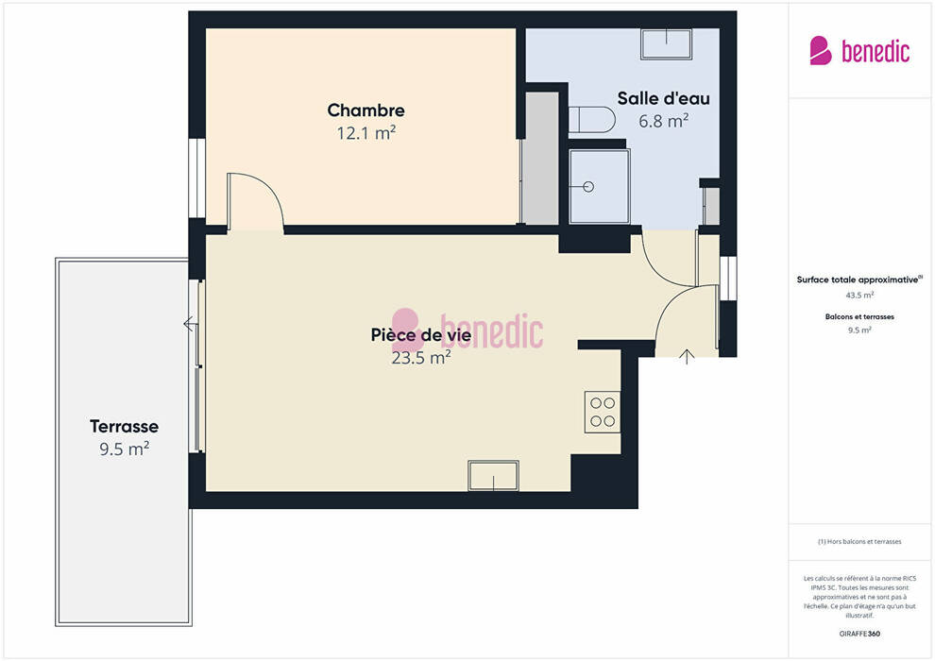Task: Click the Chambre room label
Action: (x=365, y=110)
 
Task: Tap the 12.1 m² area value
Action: (x=366, y=133)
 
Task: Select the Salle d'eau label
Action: (x=663, y=98)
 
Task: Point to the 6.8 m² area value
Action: (x=664, y=121)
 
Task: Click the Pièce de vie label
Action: (x=421, y=335)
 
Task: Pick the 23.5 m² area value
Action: (x=421, y=358)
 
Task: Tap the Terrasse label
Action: (x=124, y=426)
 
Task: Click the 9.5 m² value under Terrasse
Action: (x=124, y=449)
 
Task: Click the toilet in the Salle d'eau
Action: (x=591, y=120)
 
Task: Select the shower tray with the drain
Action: (x=600, y=187)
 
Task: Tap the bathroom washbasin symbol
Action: (x=666, y=43)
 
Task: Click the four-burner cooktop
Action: (x=603, y=412)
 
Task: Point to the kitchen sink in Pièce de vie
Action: (x=493, y=476)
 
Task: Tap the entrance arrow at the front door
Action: (x=687, y=356)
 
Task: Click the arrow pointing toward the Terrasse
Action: (x=190, y=324)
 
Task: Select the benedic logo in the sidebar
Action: (x=859, y=51)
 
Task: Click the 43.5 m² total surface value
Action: (x=859, y=295)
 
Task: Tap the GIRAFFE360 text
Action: (x=859, y=634)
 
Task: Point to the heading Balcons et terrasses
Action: (x=859, y=316)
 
